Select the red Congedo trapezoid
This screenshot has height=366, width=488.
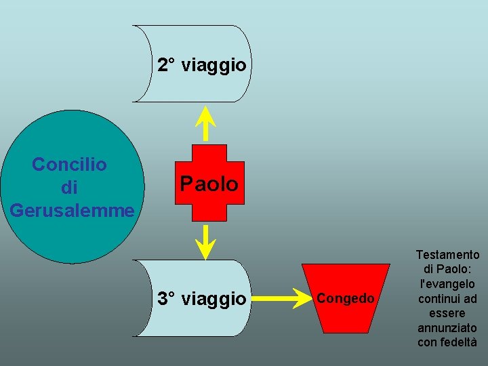tap(345, 319)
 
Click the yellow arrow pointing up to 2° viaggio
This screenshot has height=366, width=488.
tap(205, 125)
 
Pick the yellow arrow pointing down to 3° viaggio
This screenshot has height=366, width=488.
tap(205, 241)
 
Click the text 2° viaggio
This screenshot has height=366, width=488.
tap(202, 66)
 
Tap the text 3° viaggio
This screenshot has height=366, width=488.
tap(202, 298)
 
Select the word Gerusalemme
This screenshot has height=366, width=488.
tap(72, 209)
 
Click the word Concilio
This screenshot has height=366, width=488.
tap(69, 164)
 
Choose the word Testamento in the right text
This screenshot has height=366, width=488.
tap(447, 255)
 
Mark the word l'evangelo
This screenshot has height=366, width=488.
tap(447, 284)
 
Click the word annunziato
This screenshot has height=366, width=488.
tap(447, 328)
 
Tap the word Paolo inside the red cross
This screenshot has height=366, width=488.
tap(209, 184)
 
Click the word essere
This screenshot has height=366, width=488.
tap(447, 313)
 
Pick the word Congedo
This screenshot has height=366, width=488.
tap(345, 298)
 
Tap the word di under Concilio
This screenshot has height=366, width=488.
tap(69, 186)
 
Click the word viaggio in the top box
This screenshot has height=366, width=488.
tap(213, 66)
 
